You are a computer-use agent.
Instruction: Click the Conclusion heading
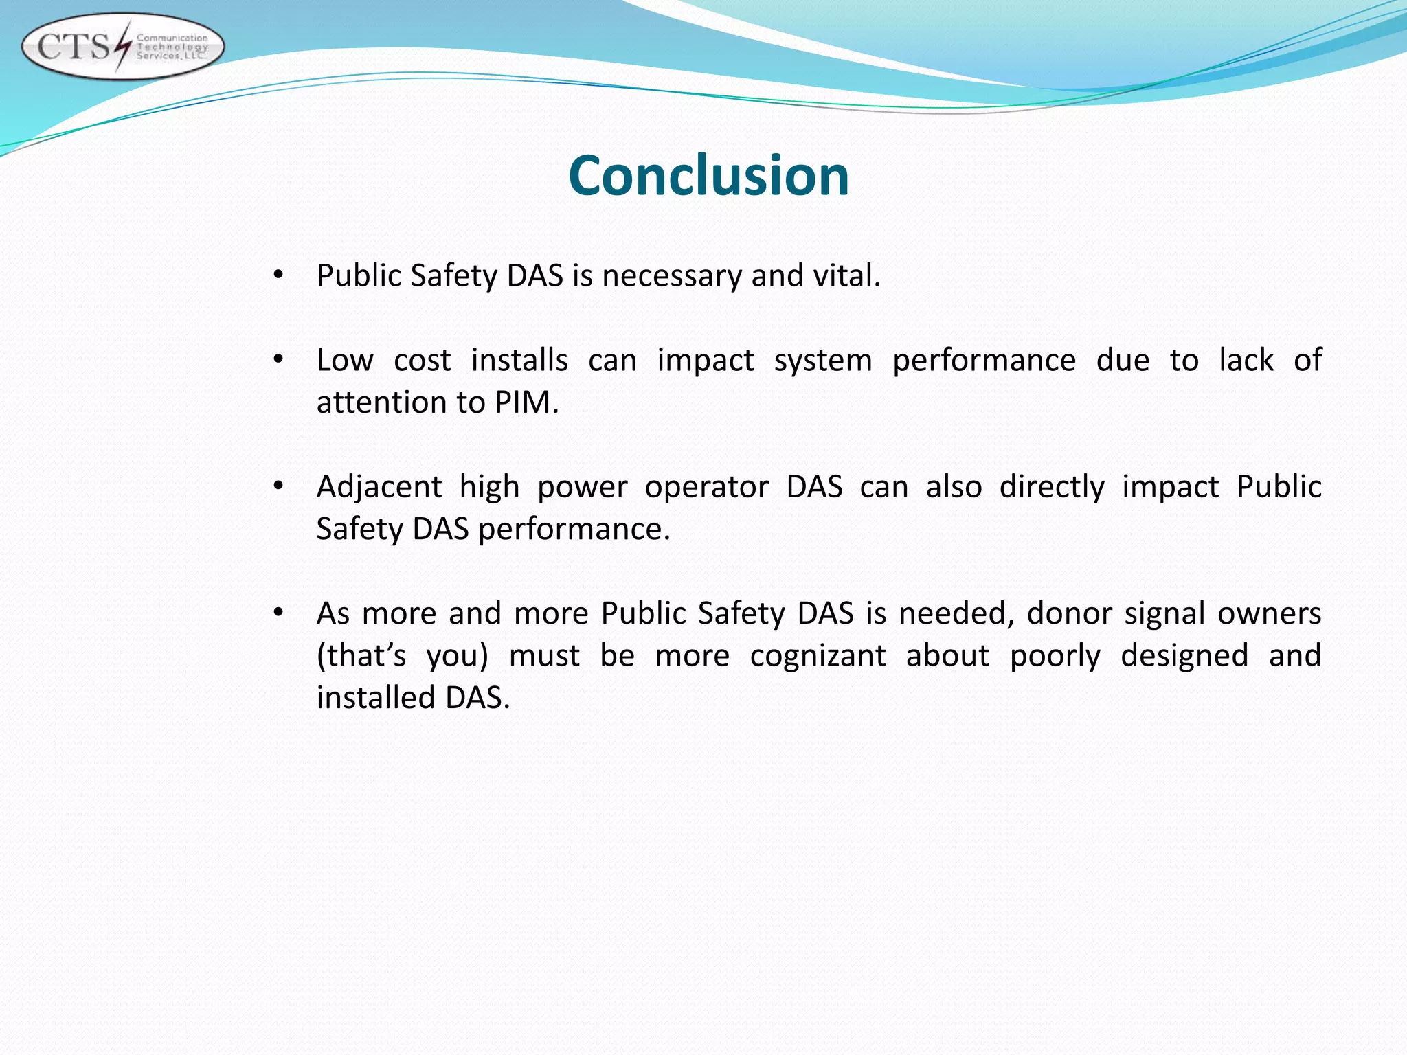coord(708,176)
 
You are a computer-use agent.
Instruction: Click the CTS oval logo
coord(123,47)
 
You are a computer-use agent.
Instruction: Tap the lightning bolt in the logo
coord(122,46)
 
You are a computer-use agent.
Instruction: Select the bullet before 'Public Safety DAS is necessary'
coord(278,275)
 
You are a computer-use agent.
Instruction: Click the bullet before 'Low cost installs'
coord(278,360)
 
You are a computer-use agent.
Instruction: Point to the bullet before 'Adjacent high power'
coord(278,486)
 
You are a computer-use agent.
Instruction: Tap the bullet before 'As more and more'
coord(278,613)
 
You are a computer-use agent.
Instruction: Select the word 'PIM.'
coord(526,402)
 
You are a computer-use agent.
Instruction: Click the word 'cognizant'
coord(818,655)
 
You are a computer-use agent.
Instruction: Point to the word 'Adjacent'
coord(379,487)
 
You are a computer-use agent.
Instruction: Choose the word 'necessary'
coord(673,276)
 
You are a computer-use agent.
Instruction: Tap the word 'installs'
coord(519,360)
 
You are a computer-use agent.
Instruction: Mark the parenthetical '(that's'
coord(361,655)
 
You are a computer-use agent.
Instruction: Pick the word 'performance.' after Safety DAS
coord(574,530)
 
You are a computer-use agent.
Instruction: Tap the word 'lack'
coord(1246,360)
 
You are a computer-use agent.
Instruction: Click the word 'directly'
coord(1052,487)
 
